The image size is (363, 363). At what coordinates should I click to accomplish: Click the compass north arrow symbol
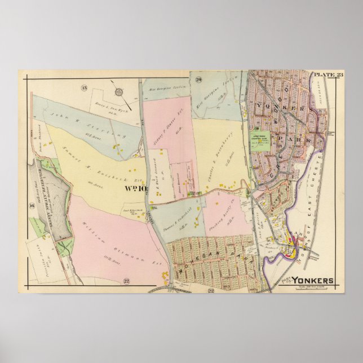click(119, 91)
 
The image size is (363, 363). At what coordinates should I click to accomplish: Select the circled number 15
click(83, 88)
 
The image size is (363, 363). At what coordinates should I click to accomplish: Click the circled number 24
click(198, 81)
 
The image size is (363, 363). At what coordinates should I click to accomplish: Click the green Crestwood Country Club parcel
click(260, 140)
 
